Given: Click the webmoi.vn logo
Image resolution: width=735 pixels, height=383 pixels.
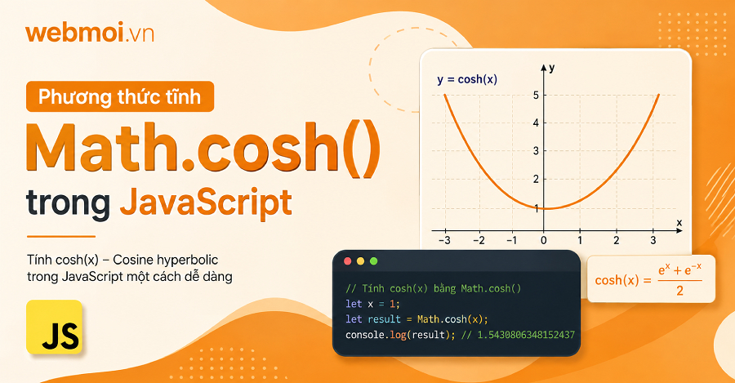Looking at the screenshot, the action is pyautogui.click(x=90, y=33).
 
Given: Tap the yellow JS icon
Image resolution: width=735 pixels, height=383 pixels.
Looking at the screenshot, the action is pyautogui.click(x=55, y=327).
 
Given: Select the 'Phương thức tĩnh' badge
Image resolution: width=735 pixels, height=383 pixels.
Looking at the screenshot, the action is pyautogui.click(x=120, y=96).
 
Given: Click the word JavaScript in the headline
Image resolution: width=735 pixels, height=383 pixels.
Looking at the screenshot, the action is pyautogui.click(x=206, y=203).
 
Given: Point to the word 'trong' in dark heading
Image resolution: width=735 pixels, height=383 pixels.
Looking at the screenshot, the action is pyautogui.click(x=68, y=204).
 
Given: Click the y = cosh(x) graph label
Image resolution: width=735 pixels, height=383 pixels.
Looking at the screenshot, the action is pyautogui.click(x=467, y=80).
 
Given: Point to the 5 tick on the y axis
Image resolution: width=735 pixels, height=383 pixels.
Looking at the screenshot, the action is pyautogui.click(x=536, y=96).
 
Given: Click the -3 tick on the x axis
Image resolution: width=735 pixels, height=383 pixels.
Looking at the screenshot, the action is pyautogui.click(x=444, y=240).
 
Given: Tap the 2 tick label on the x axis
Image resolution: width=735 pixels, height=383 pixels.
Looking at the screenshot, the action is pyautogui.click(x=616, y=240).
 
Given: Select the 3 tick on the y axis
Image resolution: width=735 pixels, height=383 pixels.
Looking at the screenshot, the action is pyautogui.click(x=536, y=151).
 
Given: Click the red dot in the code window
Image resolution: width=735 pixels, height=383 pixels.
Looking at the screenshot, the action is pyautogui.click(x=347, y=261).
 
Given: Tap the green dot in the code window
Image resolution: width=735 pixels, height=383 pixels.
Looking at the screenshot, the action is pyautogui.click(x=373, y=261).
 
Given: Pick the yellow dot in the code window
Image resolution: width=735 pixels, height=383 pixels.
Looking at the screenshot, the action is pyautogui.click(x=360, y=261).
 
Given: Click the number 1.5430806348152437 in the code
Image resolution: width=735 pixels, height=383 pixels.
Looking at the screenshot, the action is pyautogui.click(x=526, y=335).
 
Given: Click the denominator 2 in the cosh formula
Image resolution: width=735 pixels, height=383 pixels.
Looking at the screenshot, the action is pyautogui.click(x=679, y=291).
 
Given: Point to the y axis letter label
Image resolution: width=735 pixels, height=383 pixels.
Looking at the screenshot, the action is pyautogui.click(x=552, y=69).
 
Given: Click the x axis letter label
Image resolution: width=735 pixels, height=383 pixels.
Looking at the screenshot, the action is pyautogui.click(x=679, y=222).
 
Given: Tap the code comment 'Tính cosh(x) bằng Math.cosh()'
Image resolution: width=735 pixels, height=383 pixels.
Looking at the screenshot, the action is pyautogui.click(x=433, y=289).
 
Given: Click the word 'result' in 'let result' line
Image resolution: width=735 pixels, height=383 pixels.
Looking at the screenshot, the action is pyautogui.click(x=385, y=319).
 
